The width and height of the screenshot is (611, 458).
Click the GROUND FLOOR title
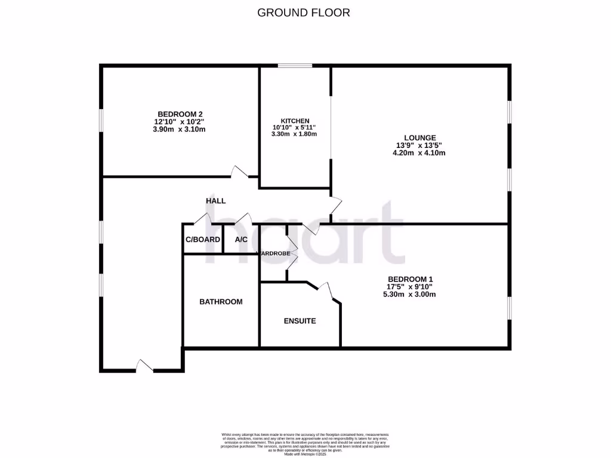(x=303, y=12)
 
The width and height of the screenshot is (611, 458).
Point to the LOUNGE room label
(x=415, y=138)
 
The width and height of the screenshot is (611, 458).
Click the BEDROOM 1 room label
(x=410, y=279)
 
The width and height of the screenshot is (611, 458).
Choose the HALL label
(x=215, y=201)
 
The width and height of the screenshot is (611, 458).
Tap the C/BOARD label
(x=203, y=240)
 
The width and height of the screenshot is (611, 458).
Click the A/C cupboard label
(x=241, y=240)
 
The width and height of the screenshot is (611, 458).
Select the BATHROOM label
(x=221, y=302)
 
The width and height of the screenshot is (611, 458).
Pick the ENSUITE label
(x=299, y=321)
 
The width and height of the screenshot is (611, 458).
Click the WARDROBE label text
(x=274, y=253)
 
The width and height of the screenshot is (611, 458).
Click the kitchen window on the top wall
(x=295, y=66)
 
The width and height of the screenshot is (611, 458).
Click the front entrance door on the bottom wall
(x=145, y=366)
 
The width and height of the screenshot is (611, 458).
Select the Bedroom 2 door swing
(x=240, y=172)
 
